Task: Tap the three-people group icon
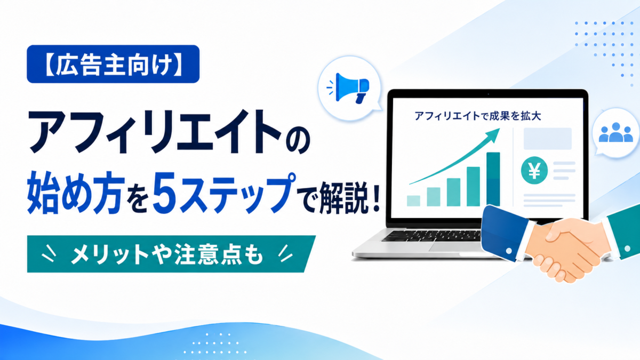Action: (x=615, y=133)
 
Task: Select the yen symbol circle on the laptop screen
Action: (x=534, y=170)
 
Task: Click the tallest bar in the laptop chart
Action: (x=493, y=179)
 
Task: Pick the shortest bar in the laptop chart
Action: (x=413, y=201)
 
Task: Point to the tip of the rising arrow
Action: (x=500, y=129)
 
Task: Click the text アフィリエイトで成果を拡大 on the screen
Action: (x=478, y=116)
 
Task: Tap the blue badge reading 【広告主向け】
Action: (x=113, y=64)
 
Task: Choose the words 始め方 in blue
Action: (x=76, y=193)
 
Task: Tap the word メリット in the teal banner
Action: (x=109, y=254)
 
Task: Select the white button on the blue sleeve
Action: (x=509, y=251)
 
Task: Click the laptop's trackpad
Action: (x=454, y=247)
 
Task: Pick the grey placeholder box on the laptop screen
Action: (x=547, y=139)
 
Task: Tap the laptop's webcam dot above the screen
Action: (x=489, y=94)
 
